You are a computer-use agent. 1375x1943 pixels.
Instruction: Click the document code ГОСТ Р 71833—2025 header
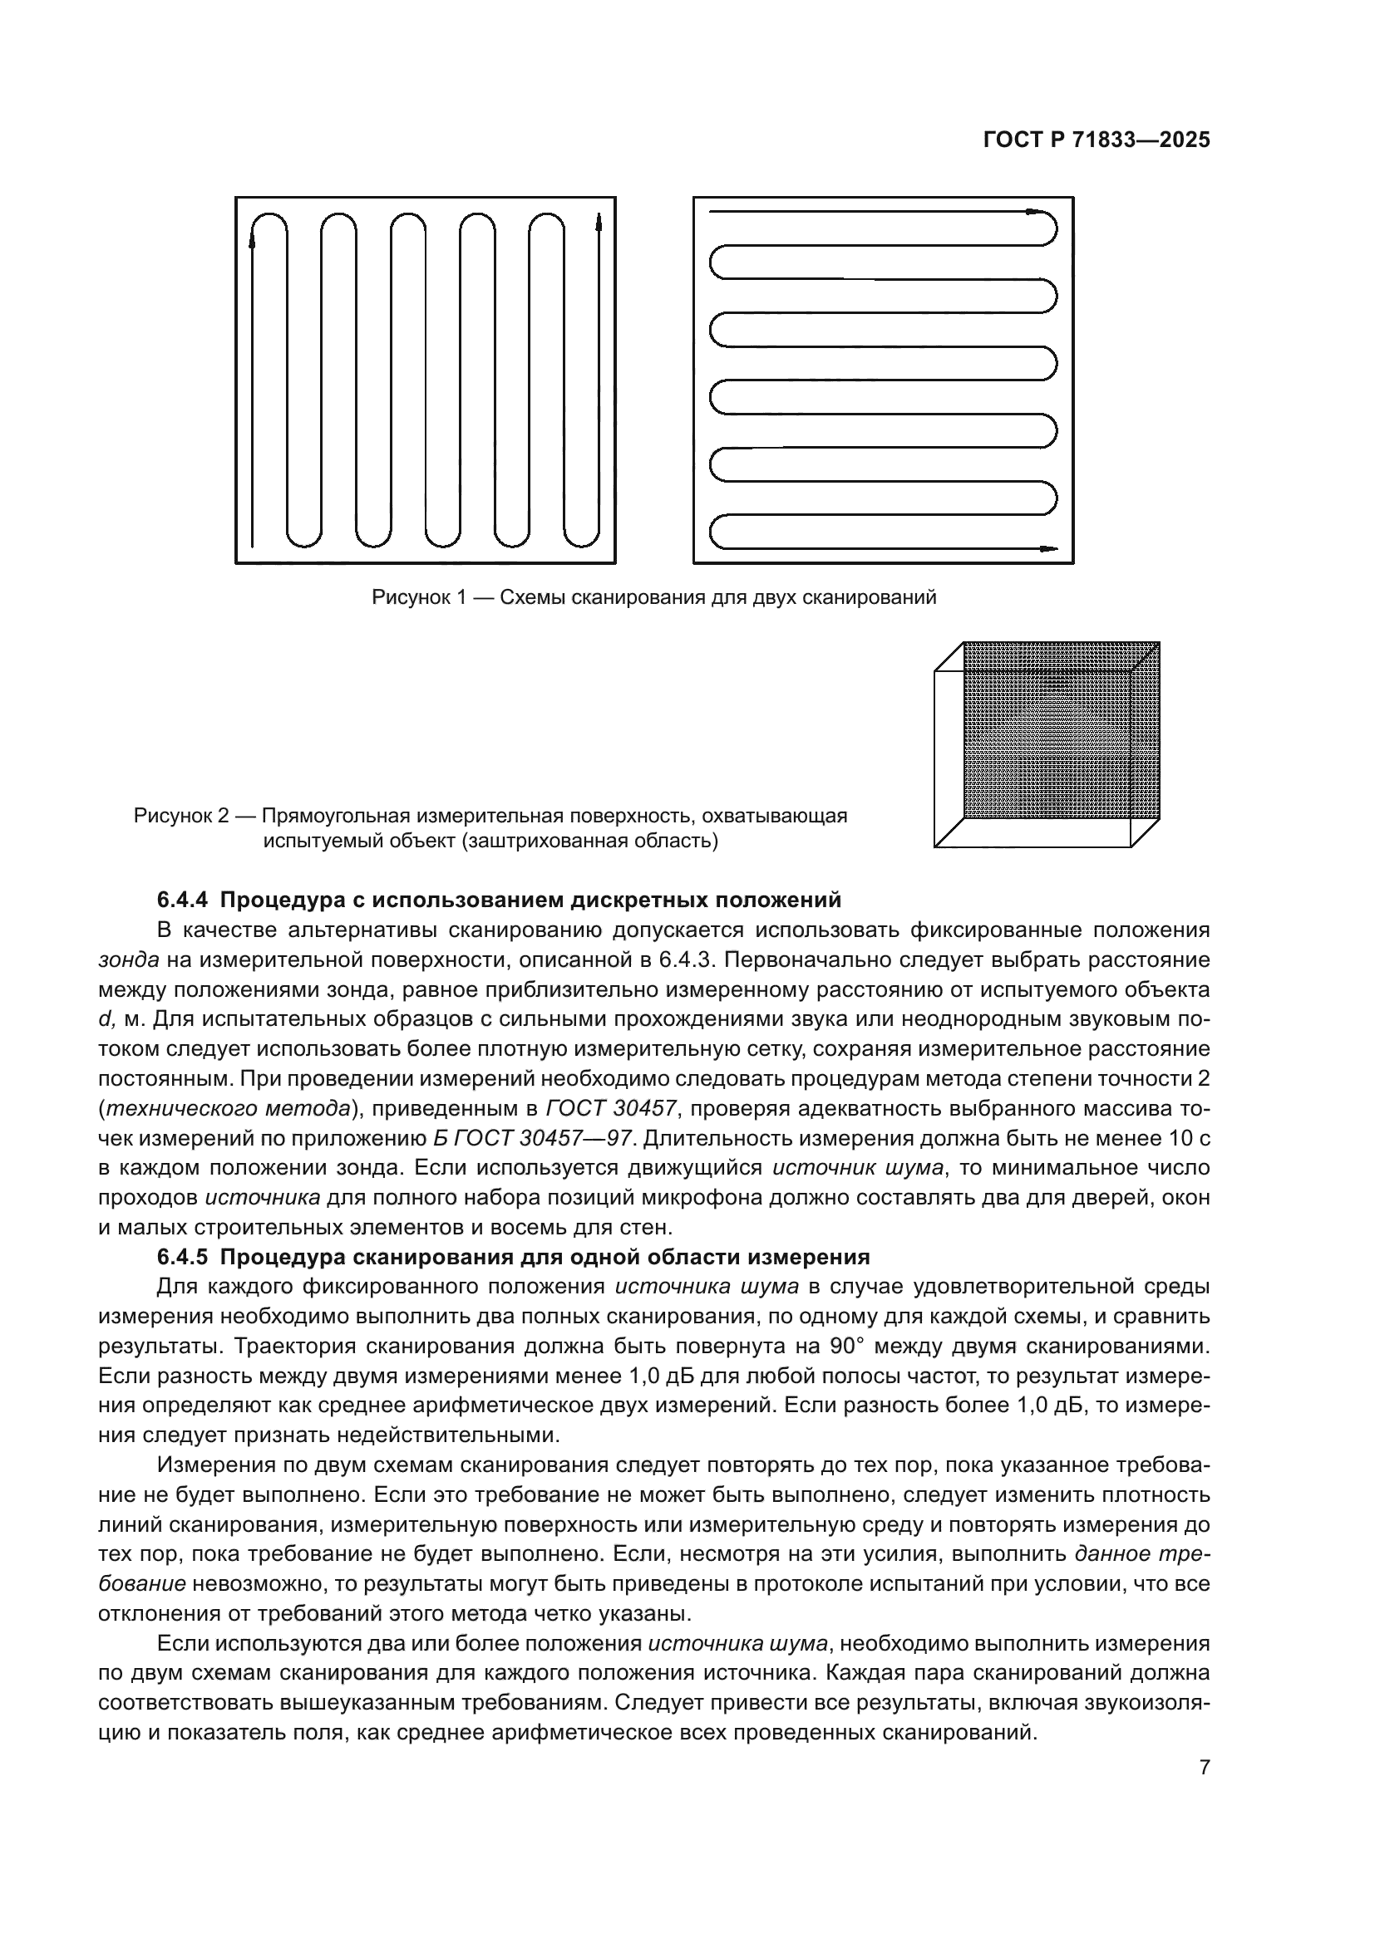1096,140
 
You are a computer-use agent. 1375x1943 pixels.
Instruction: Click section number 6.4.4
183,899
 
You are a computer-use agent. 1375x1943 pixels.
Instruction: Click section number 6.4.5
183,1257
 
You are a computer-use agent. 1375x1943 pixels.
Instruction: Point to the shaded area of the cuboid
1061,729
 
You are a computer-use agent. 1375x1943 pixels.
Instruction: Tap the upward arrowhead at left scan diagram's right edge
599,222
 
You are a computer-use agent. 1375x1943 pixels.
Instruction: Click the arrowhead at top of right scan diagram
1034,212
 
